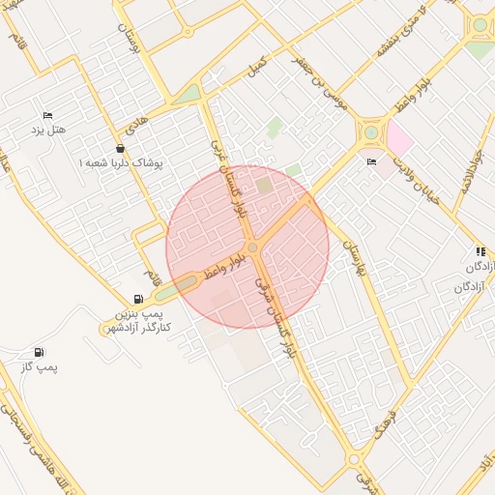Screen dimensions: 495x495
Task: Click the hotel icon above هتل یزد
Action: pyautogui.click(x=47, y=116)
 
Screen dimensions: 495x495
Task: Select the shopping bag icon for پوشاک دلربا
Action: pyautogui.click(x=120, y=149)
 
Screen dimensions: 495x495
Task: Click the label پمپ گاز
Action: pyautogui.click(x=39, y=367)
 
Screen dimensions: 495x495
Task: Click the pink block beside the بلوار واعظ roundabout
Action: pyautogui.click(x=398, y=141)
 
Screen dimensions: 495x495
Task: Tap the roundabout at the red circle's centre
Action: pyautogui.click(x=252, y=248)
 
